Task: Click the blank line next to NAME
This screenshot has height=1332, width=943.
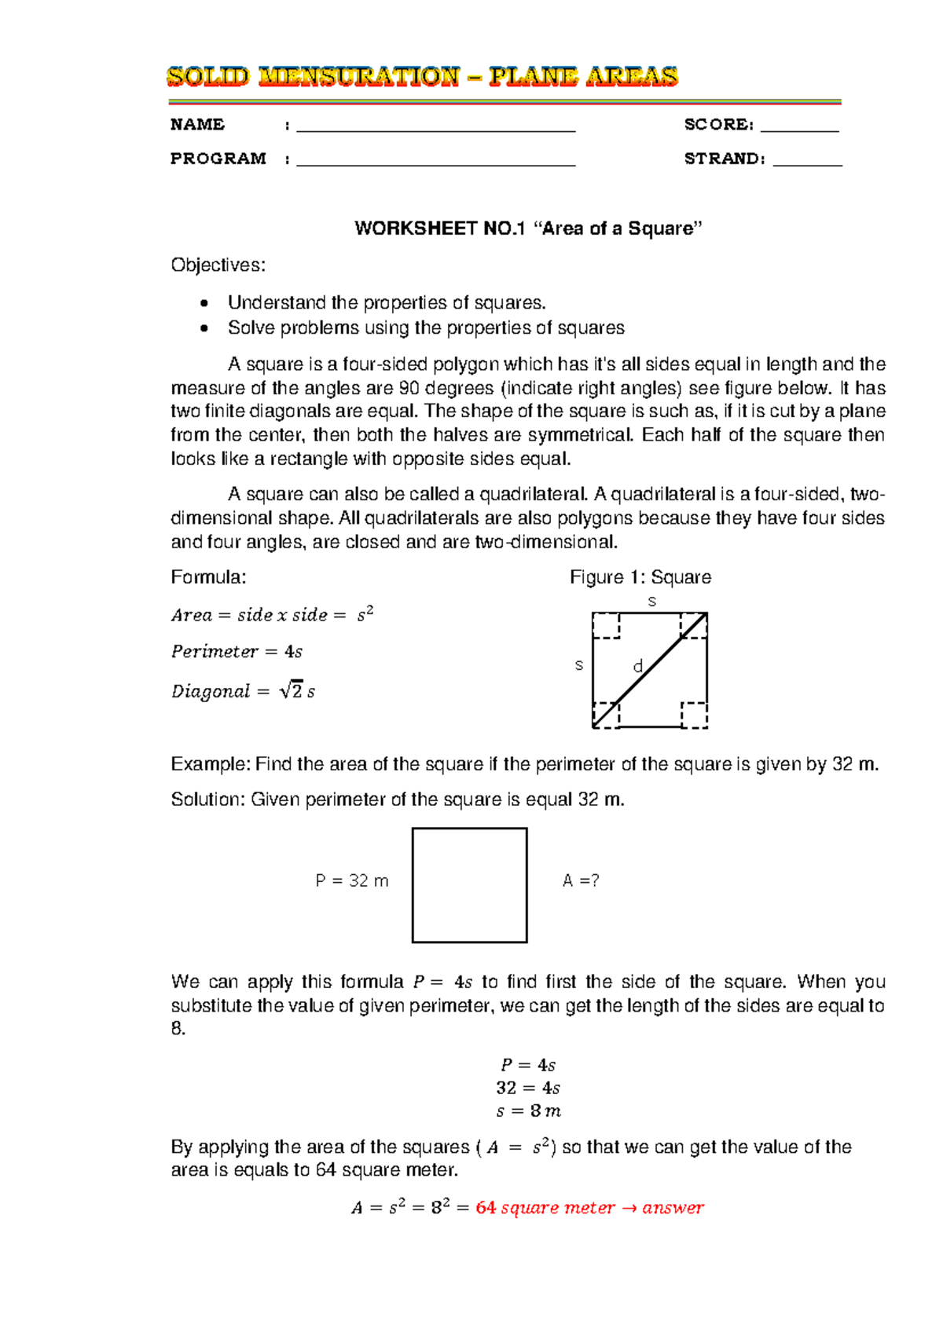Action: [x=436, y=129]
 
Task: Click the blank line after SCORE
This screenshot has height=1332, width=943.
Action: [x=800, y=129]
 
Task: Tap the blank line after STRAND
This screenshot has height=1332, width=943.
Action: [x=807, y=163]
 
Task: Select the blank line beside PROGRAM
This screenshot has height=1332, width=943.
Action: [x=436, y=163]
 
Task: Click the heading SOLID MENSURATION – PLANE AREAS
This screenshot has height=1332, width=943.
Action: [x=422, y=77]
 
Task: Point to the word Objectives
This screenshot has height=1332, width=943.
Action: [x=218, y=265]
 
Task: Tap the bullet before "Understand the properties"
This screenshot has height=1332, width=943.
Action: [x=205, y=304]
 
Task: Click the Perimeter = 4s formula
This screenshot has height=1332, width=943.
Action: [x=237, y=652]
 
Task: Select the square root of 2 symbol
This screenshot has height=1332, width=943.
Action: [x=292, y=691]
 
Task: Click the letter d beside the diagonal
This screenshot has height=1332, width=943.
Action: [x=638, y=667]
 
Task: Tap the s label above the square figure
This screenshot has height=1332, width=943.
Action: [x=651, y=602]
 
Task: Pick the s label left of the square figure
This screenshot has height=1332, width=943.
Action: [x=579, y=665]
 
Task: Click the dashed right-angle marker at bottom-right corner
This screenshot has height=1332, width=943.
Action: [x=694, y=715]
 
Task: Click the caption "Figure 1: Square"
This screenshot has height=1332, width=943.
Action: [x=640, y=577]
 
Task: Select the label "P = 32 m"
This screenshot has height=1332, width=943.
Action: [x=351, y=881]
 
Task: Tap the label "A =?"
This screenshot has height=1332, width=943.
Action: [x=581, y=881]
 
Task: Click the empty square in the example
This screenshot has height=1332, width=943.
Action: [x=469, y=885]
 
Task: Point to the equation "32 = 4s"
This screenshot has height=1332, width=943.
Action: [x=528, y=1089]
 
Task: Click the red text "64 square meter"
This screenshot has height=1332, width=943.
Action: [x=545, y=1208]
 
